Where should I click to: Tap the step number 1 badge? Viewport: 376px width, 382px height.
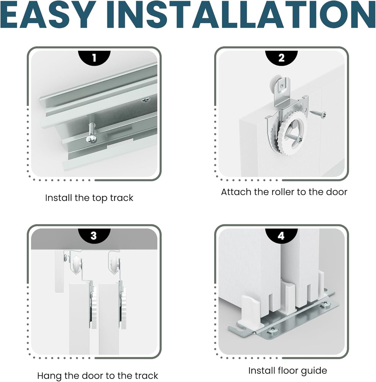click(x=94, y=58)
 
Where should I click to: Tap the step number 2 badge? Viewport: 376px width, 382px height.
click(x=281, y=58)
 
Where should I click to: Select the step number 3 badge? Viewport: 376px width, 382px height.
click(x=94, y=236)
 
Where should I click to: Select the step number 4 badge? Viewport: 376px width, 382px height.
click(x=281, y=236)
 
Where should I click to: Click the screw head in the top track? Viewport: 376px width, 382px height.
click(x=91, y=139)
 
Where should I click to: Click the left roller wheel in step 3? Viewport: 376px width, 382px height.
click(x=76, y=264)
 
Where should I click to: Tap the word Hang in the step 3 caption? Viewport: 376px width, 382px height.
click(x=49, y=375)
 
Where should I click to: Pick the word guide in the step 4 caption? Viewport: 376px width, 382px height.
click(x=314, y=371)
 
